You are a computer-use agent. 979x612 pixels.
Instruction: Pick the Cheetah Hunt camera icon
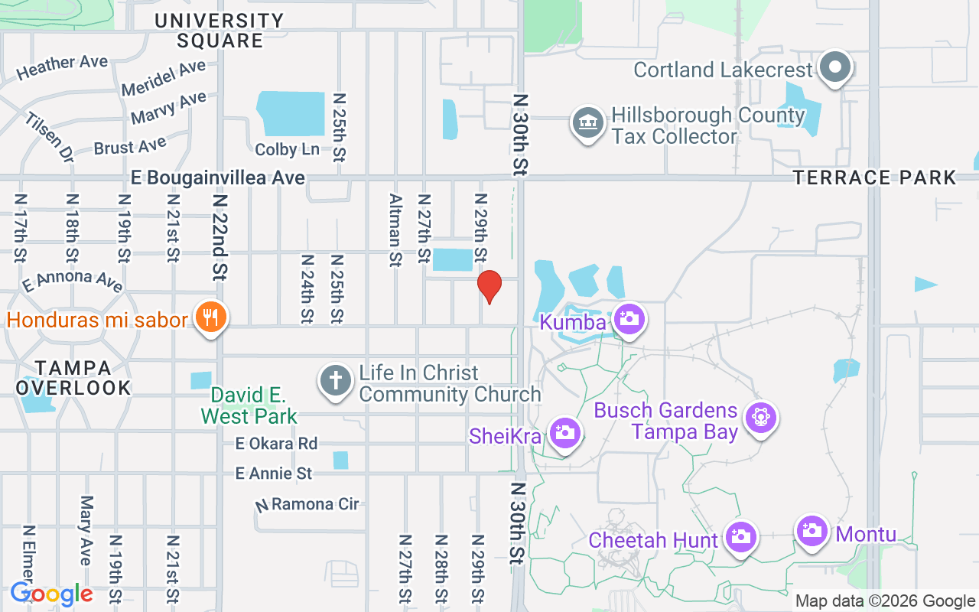[x=740, y=537]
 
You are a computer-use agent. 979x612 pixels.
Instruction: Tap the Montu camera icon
[x=811, y=530]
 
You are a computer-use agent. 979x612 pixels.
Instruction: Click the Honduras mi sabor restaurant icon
[x=209, y=317]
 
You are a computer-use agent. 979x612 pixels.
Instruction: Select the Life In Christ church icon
[x=335, y=381]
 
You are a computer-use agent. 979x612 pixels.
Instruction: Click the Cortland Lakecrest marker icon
[x=835, y=68]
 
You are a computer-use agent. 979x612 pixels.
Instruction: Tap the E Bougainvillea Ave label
[x=218, y=178]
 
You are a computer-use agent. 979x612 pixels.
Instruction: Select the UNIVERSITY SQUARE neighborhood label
[x=219, y=31]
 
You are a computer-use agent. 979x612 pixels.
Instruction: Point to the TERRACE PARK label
[x=874, y=178]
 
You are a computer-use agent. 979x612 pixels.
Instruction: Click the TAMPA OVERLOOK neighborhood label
[x=73, y=378]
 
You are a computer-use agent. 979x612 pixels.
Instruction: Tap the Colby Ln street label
[x=288, y=149]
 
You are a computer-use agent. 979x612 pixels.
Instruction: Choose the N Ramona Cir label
[x=307, y=504]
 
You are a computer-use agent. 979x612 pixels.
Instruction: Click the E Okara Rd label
[x=276, y=444]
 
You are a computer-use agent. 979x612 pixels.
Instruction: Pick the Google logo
[x=51, y=594]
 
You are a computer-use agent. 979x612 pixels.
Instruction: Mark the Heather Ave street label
[x=62, y=67]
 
